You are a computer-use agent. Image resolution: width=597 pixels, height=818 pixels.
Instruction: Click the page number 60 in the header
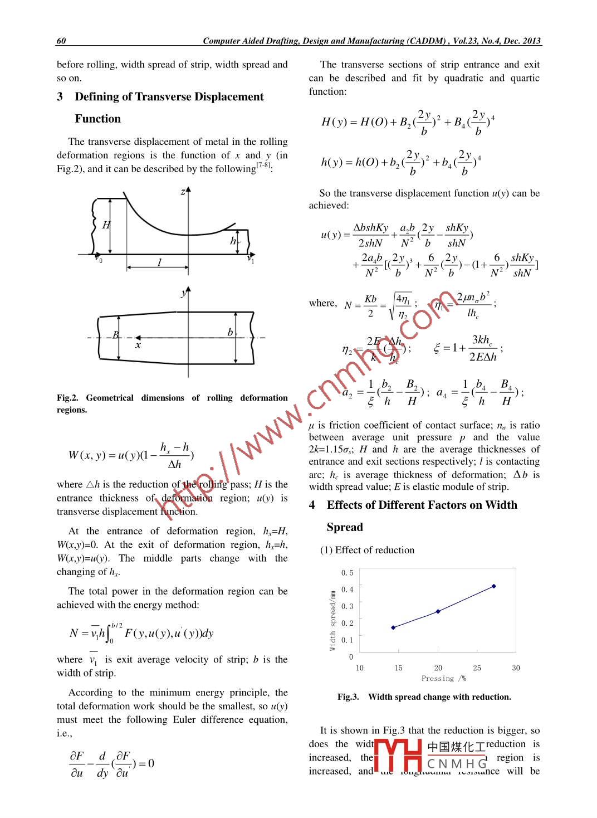tap(61, 41)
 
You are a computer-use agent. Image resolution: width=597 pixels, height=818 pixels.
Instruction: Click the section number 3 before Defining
tap(60, 97)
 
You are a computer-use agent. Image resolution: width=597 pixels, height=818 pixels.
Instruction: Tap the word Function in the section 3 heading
tap(97, 119)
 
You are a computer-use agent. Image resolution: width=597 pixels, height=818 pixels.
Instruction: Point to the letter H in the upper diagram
tap(106, 225)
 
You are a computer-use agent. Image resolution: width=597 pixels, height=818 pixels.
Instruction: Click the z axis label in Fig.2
tap(182, 192)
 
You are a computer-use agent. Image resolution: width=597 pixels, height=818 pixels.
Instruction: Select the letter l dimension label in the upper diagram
tap(159, 262)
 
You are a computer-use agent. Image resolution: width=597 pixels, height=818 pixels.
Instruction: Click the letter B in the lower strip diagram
tap(115, 335)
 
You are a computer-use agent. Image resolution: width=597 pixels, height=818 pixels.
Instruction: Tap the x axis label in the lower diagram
tap(138, 345)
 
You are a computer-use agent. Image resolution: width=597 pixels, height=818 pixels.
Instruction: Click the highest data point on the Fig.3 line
tap(493, 586)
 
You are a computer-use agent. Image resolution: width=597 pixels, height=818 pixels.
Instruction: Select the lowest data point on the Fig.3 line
tap(393, 627)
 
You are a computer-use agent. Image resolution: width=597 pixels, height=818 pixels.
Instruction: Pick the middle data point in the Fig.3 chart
tap(438, 611)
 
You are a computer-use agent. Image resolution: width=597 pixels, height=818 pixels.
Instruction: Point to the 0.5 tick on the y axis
tap(347, 573)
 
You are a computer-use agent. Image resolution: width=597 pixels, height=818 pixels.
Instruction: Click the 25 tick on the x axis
tap(477, 668)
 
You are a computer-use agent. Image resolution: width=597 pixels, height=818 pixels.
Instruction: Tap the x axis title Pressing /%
tap(443, 679)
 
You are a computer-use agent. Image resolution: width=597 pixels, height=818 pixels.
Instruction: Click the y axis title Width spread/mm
tap(332, 620)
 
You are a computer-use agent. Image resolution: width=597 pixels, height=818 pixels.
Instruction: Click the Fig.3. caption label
tap(348, 697)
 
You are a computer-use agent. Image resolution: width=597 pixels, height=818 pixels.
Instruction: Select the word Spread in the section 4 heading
tap(345, 527)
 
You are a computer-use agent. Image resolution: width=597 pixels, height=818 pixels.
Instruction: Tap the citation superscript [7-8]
tap(263, 165)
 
